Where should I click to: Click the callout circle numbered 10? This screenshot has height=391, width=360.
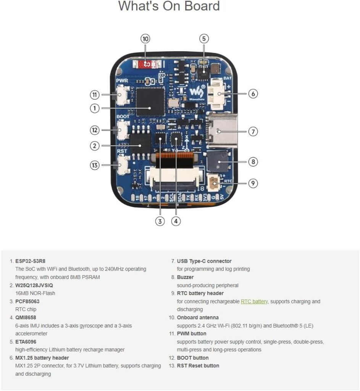pos(145,39)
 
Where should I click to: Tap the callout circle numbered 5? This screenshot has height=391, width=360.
pos(204,39)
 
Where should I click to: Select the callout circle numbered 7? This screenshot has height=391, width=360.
pos(253,131)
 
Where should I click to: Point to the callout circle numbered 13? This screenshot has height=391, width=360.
pos(95,165)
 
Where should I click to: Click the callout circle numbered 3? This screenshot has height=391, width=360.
pos(160,221)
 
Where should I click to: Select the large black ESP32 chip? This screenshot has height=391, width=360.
pos(150,101)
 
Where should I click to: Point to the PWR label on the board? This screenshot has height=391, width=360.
pos(122,81)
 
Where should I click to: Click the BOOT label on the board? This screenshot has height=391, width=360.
pos(123,116)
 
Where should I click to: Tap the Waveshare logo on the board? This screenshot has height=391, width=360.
pos(197,92)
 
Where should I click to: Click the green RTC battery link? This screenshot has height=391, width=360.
pos(254,301)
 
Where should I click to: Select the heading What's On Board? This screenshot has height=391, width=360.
pos(169,6)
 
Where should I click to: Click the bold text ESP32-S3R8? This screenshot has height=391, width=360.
pos(30,261)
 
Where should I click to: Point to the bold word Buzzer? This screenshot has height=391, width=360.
pos(185,277)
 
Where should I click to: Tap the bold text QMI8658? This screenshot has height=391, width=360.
pos(26,317)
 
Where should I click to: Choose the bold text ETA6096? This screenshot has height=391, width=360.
pos(26,342)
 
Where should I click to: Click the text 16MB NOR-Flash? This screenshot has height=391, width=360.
pos(35,293)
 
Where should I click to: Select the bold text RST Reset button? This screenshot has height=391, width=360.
pos(198,365)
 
